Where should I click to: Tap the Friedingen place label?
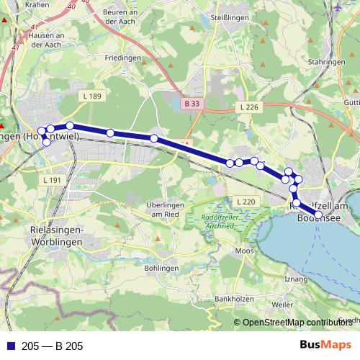122,57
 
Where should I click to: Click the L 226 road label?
246,107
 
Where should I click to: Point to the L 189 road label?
92,96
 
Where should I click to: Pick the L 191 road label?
53,180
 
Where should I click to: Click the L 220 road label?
246,201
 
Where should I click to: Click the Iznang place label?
297,278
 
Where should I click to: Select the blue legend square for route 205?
9,346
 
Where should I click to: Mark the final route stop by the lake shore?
319,214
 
